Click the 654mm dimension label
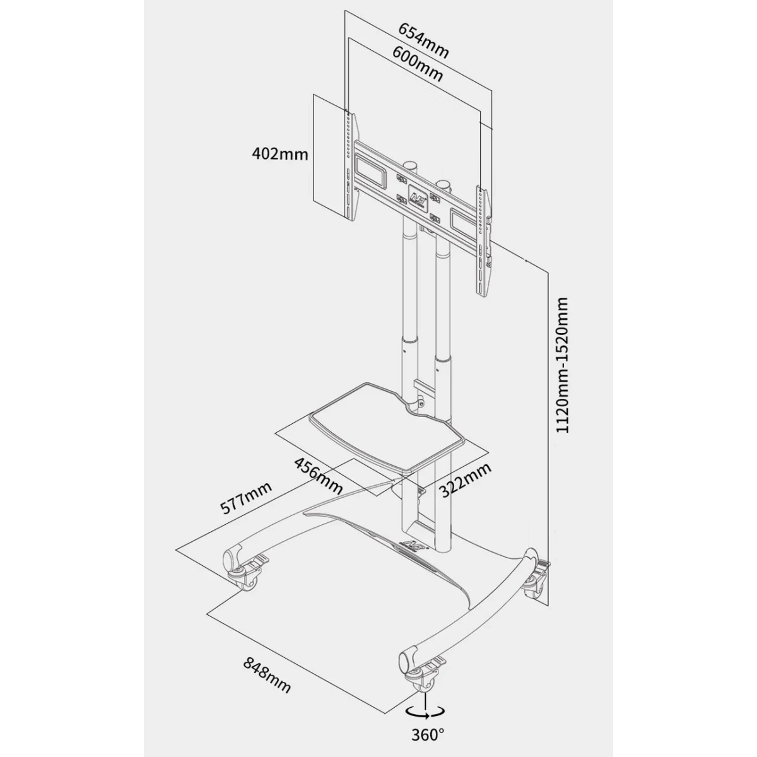(423, 40)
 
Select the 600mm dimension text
(418, 64)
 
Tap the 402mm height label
(279, 154)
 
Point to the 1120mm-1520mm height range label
(563, 365)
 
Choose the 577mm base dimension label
(246, 498)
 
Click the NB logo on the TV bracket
(418, 195)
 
